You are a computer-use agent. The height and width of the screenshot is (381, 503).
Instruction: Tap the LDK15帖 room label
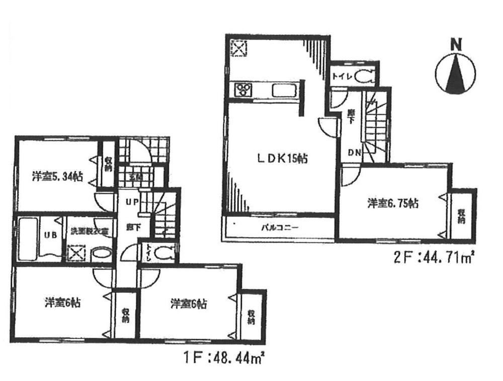pos(281,158)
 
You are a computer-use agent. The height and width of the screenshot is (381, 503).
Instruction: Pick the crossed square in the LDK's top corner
pos(238,49)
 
